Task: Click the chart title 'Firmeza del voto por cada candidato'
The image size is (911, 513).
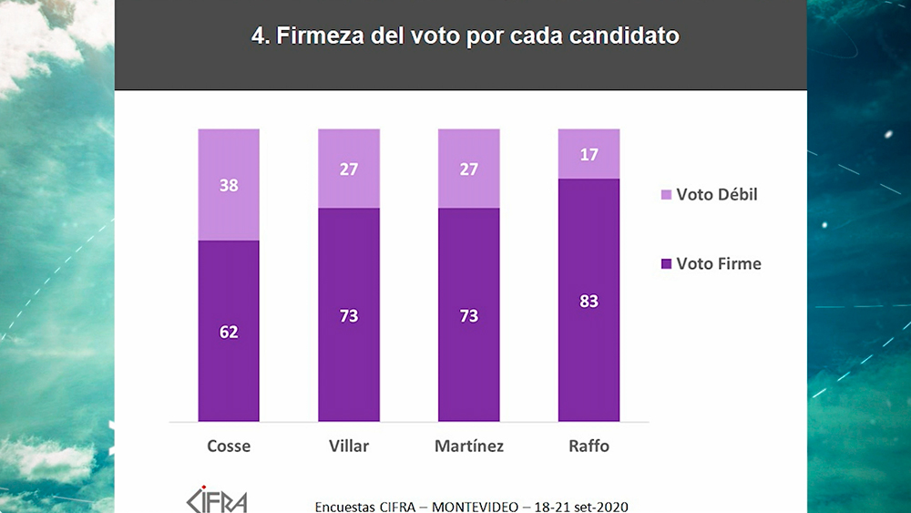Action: pos(465,37)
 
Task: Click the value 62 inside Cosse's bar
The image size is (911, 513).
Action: pos(229,332)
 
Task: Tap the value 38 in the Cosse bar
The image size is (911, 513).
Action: pos(229,185)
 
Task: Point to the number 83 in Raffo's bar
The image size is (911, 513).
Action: pos(589,301)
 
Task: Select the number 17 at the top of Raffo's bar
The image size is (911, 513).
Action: pos(589,155)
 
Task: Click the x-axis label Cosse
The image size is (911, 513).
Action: pos(229,446)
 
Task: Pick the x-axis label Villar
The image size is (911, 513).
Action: pos(349,446)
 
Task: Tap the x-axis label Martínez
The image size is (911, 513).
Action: pos(469,446)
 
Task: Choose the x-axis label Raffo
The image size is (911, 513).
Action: pos(589,446)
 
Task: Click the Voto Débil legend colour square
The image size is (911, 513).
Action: pos(666,195)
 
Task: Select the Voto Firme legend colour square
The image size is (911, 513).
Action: pos(666,264)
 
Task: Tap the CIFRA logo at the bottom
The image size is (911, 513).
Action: pos(216,500)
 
